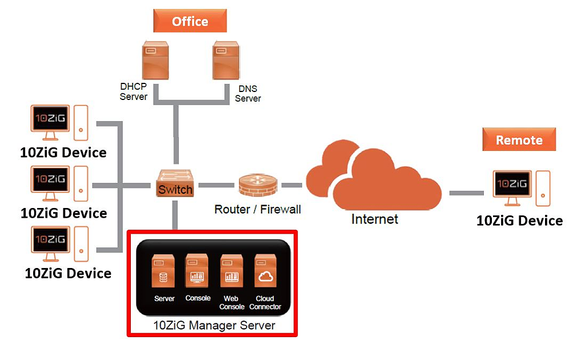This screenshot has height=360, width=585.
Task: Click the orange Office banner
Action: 190,21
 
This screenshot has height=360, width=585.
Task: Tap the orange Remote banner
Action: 519,139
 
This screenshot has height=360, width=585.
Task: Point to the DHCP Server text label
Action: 134,91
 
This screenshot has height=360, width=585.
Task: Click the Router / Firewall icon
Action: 258,186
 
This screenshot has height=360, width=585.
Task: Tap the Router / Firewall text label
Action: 258,209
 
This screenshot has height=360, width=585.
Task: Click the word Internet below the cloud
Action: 374,219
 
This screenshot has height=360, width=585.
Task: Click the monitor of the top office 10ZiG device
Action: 50,121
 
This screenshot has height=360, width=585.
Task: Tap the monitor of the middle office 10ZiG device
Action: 50,182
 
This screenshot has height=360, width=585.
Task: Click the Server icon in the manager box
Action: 164,271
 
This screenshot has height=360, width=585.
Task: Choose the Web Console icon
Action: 231,271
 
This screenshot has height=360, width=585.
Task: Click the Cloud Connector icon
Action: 265,271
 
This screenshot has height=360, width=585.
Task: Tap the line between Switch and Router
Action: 215,185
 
